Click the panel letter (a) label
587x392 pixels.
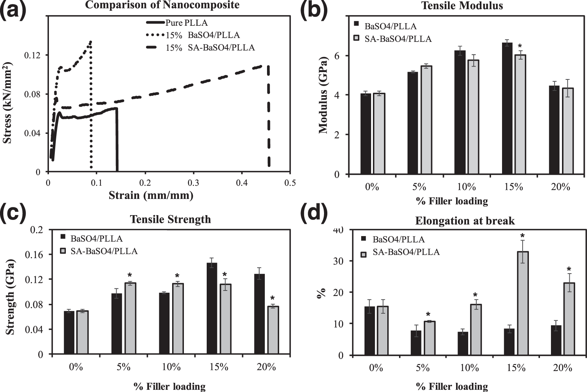[x=14, y=9]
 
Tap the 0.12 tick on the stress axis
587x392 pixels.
[x=32, y=55]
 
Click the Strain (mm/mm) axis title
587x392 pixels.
[x=151, y=195]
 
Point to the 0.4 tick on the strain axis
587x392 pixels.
[x=242, y=183]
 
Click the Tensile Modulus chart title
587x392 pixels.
[x=462, y=6]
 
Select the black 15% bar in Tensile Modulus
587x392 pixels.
[x=507, y=108]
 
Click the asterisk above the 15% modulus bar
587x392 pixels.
[x=520, y=47]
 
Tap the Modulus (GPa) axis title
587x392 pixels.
[x=323, y=95]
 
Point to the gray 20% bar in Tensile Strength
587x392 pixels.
[x=273, y=330]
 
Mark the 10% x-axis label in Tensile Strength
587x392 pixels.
[x=171, y=367]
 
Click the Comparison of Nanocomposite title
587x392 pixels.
[x=162, y=5]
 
